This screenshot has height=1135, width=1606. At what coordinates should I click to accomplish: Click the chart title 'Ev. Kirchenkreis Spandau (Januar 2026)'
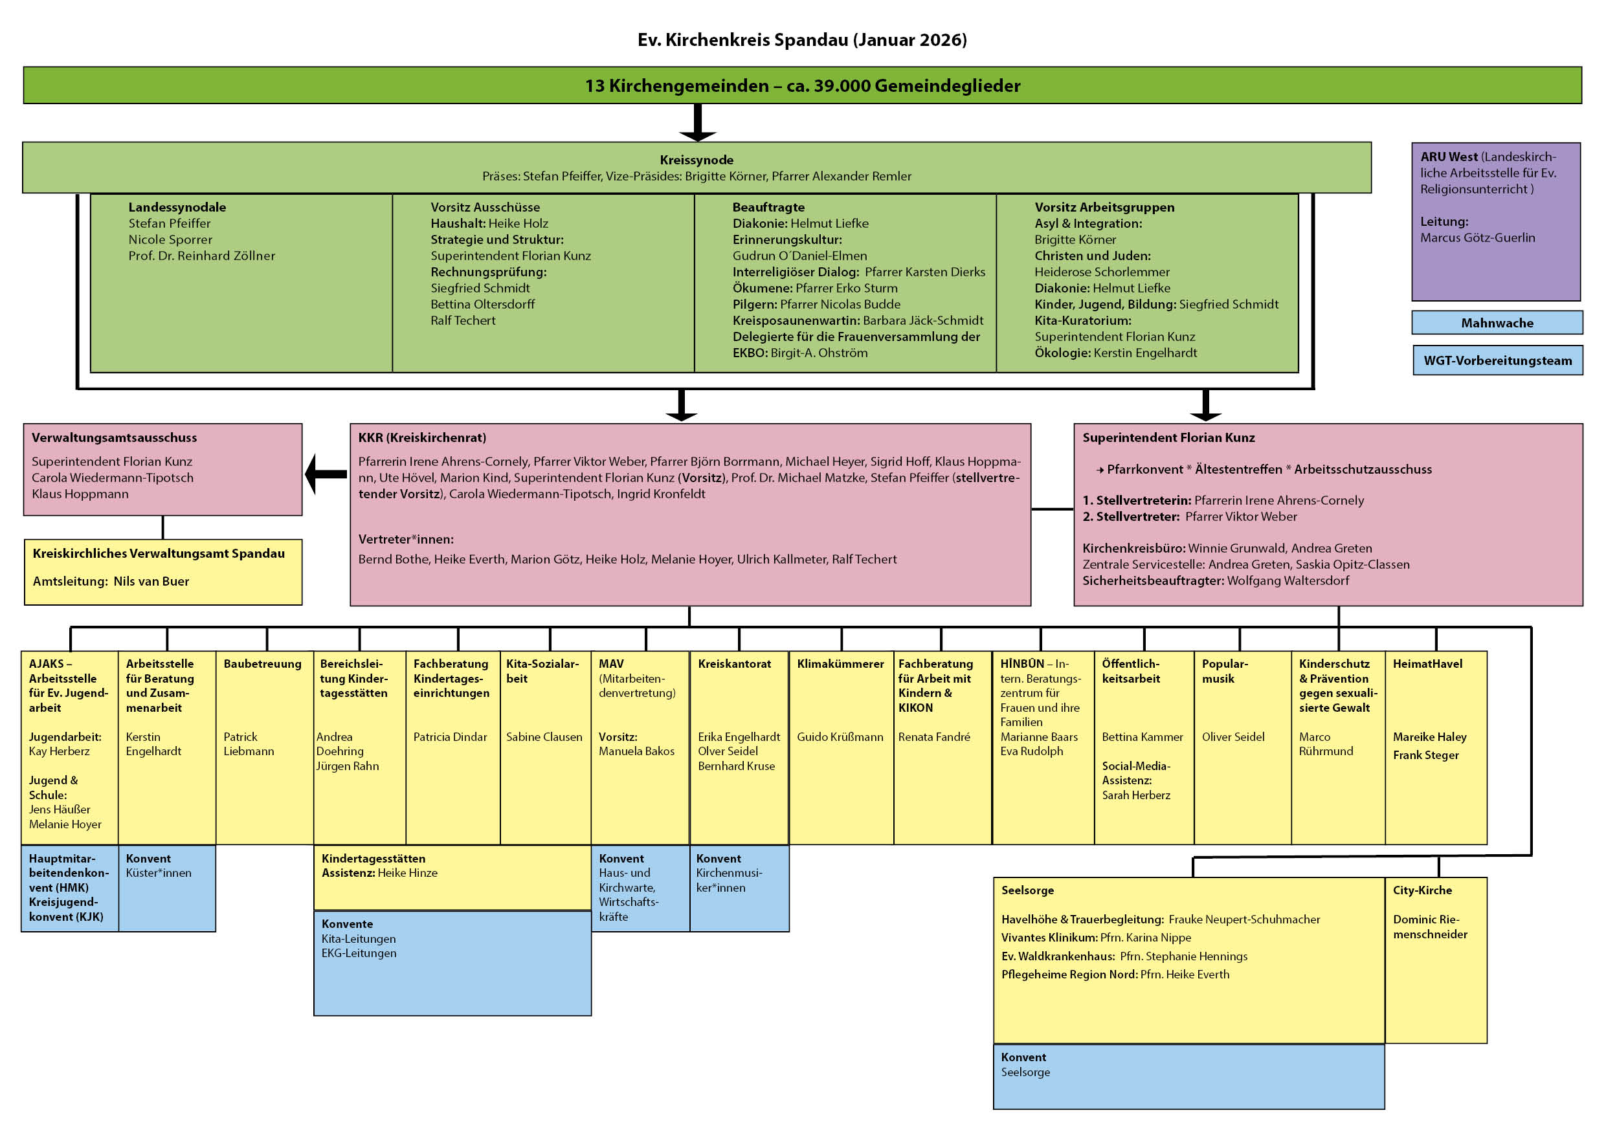pos(801,40)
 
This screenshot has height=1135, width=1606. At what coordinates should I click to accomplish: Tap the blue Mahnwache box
pos(1496,323)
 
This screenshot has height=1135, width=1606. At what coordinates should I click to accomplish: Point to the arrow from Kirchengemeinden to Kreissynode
pos(697,123)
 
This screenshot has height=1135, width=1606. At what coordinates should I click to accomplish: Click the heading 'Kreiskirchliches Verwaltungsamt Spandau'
pos(159,553)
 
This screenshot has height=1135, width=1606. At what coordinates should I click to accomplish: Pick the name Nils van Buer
pos(151,581)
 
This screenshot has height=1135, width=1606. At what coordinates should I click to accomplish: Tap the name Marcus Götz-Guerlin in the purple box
pos(1477,237)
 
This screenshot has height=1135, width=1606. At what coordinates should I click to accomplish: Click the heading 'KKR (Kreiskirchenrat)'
pos(422,438)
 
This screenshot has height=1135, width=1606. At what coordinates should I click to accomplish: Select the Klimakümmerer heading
pos(840,664)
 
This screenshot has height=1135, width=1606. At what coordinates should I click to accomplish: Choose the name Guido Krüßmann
pos(840,737)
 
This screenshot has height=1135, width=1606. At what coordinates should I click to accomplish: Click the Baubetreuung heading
pos(262,664)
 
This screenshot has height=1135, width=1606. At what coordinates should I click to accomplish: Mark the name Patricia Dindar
pos(450,737)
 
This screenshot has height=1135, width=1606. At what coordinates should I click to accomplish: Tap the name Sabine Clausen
pos(544,737)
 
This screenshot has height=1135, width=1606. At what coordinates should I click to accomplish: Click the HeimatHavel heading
pos(1427,664)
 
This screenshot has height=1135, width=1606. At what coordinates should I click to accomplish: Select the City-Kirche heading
pos(1422,890)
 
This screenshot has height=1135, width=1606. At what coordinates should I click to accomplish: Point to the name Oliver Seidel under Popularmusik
pos(1232,737)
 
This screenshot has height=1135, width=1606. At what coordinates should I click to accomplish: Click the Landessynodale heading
pos(177,207)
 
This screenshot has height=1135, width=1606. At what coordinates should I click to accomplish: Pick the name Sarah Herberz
pos(1135,795)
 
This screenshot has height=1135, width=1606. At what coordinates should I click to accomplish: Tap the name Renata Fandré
pos(934,737)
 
